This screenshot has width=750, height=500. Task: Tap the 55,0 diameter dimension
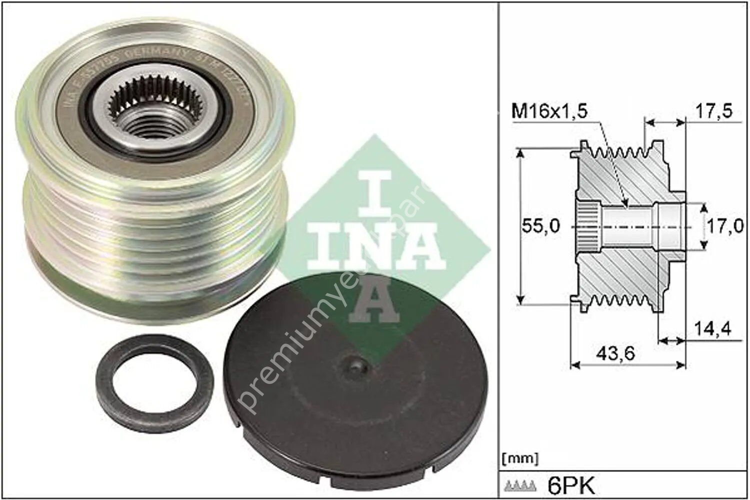tap(540, 226)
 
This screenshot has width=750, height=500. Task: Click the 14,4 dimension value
tap(712, 329)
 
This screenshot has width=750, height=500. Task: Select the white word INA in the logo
tap(374, 247)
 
